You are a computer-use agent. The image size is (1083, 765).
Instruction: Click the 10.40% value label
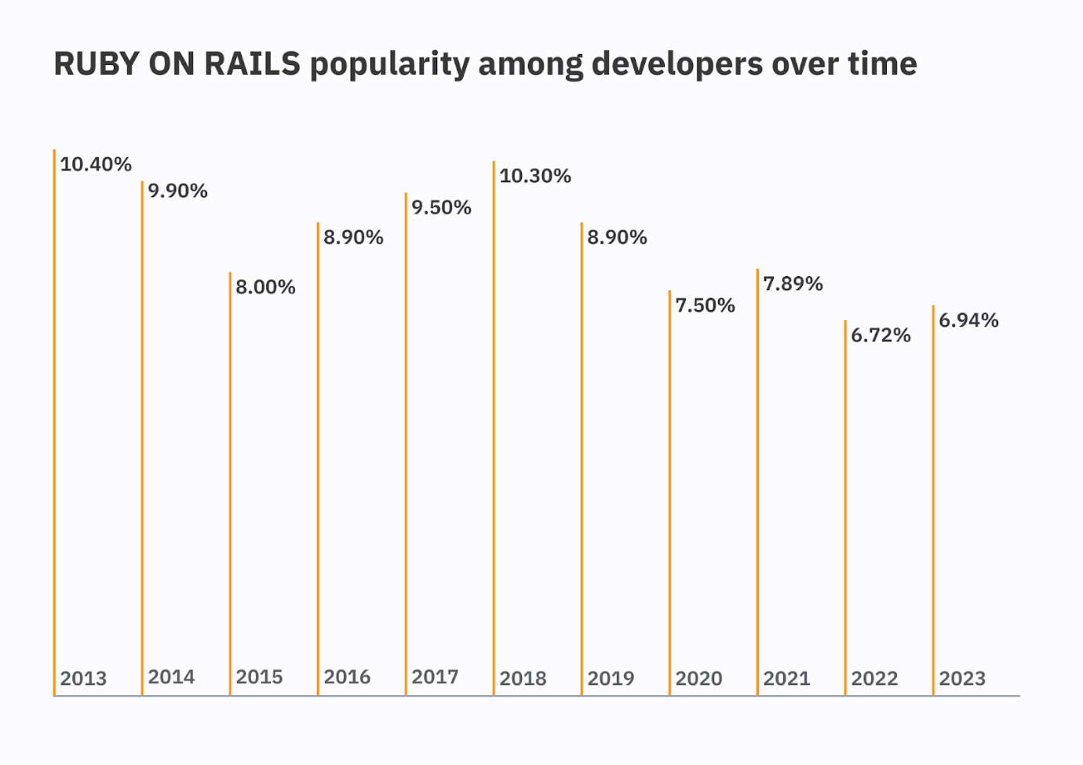pyautogui.click(x=96, y=164)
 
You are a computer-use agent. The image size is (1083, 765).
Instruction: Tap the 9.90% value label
pyautogui.click(x=178, y=191)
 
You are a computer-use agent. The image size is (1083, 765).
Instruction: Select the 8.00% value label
pyautogui.click(x=266, y=287)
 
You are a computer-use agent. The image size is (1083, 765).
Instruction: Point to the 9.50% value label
pyautogui.click(x=442, y=207)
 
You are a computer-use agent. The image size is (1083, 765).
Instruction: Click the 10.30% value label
pyautogui.click(x=535, y=176)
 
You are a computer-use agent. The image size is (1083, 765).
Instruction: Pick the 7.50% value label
pyautogui.click(x=706, y=305)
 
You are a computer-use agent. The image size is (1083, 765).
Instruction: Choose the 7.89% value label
pyautogui.click(x=793, y=283)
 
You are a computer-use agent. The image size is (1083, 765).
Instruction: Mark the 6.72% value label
pyautogui.click(x=881, y=335)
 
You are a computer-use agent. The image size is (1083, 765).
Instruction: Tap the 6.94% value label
pyautogui.click(x=969, y=320)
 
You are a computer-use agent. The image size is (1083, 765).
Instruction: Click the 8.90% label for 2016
pyautogui.click(x=354, y=237)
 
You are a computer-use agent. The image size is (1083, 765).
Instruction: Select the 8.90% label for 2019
pyautogui.click(x=618, y=237)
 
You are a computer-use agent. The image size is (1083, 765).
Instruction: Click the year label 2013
pyautogui.click(x=83, y=679)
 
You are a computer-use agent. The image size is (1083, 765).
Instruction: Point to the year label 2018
pyautogui.click(x=523, y=679)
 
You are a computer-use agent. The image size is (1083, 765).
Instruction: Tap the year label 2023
pyautogui.click(x=962, y=679)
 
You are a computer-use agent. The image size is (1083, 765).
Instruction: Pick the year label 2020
pyautogui.click(x=698, y=679)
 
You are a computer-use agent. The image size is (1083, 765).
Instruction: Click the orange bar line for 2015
pyautogui.click(x=230, y=471)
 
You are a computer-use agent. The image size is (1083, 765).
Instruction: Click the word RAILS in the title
pyautogui.click(x=252, y=64)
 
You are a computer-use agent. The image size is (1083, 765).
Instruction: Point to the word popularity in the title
pyautogui.click(x=389, y=64)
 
